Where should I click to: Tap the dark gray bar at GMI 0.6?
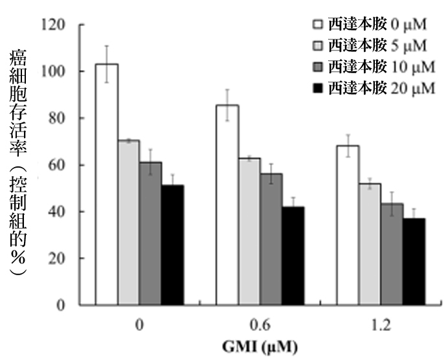tap(271, 239)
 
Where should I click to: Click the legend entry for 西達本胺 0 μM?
tap(368, 25)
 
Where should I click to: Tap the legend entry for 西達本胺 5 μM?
tap(368, 45)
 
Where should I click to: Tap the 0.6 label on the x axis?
tap(261, 324)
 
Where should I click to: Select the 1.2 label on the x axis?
tap(382, 324)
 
